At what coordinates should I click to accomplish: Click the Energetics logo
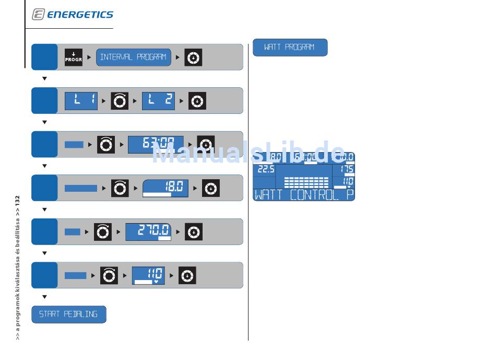coord(73,15)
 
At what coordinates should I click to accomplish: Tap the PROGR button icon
coord(74,57)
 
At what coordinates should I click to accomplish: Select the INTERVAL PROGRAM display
coord(133,57)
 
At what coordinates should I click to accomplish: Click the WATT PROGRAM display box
coord(290,48)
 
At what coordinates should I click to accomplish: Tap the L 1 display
coord(81,101)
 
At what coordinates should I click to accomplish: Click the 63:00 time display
coord(156,145)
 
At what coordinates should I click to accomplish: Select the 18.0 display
coord(166,188)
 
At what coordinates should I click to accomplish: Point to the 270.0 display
coord(148,231)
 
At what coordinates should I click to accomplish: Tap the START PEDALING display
coord(68,315)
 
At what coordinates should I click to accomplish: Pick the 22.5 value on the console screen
coord(264,170)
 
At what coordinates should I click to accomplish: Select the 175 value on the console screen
coord(346,169)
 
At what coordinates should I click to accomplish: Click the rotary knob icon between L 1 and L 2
coord(120,101)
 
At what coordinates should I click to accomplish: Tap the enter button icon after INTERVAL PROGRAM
coord(193,57)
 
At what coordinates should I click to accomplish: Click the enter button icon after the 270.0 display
coord(193,231)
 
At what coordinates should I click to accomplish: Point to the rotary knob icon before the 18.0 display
coord(120,188)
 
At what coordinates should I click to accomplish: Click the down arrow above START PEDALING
coord(44,297)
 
